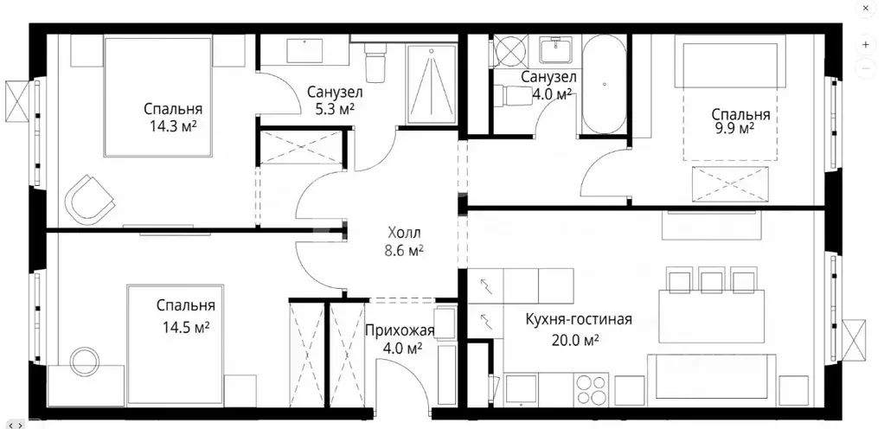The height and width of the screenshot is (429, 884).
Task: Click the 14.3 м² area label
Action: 173,125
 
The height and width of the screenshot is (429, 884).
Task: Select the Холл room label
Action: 404,232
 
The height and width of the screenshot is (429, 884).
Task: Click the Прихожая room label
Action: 399,330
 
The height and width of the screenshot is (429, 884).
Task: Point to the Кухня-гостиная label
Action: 579,319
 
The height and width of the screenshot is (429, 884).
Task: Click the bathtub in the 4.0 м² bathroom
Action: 601,86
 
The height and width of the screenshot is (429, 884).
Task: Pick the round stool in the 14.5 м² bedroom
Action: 86,360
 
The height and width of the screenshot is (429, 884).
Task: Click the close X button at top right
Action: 866,8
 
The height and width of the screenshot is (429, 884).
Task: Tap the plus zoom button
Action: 866,44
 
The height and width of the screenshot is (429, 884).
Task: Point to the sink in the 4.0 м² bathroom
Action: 552,50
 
